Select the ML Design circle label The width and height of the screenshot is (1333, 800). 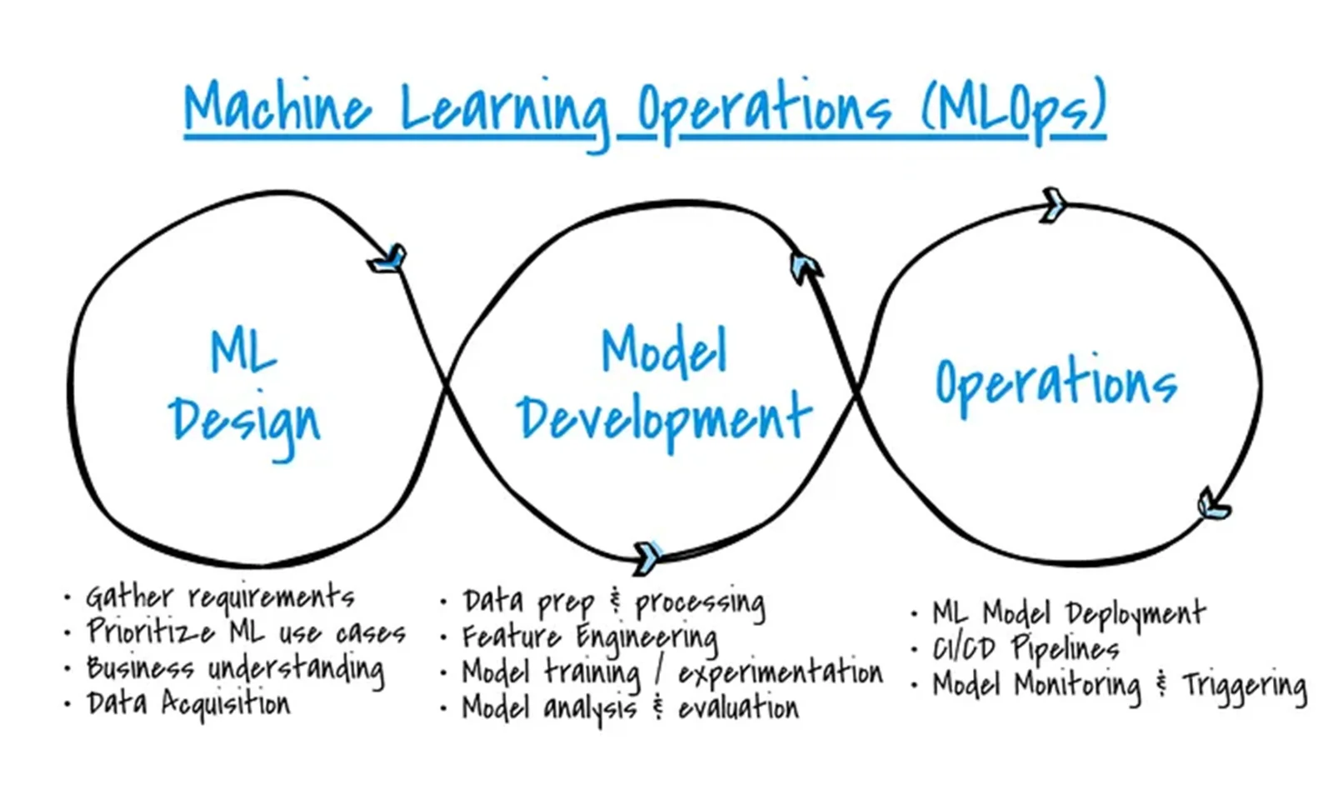point(244,387)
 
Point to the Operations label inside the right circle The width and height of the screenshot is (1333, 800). point(1056,383)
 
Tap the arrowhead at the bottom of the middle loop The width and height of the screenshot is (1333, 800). point(647,555)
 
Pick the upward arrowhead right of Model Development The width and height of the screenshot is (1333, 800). point(805,266)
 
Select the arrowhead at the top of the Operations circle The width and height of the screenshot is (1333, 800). point(1053,203)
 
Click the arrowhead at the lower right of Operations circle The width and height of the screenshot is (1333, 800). point(1212,505)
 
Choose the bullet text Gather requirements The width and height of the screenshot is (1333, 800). point(220,597)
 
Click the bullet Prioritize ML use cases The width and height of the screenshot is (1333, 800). point(246,632)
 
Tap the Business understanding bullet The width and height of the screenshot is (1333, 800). point(235,668)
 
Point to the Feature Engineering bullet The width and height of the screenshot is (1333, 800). point(590,637)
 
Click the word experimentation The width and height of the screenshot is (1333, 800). point(780,672)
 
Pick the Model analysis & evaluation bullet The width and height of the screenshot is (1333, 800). point(630,708)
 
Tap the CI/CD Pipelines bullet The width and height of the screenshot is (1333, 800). point(1025,648)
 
